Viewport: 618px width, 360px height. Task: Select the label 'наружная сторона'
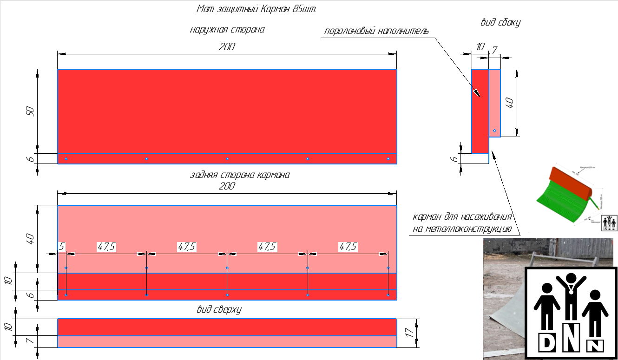tap(227, 30)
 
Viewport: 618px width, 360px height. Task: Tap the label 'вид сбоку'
tap(500, 22)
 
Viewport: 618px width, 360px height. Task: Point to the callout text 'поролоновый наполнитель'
tap(376, 32)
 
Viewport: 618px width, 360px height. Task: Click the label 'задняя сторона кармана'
tap(240, 175)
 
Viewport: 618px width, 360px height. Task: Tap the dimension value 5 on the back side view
tap(61, 246)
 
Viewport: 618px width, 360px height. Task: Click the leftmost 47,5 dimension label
tap(106, 247)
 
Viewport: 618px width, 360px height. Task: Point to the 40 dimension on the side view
tap(510, 103)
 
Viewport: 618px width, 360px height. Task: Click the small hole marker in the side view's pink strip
tap(494, 131)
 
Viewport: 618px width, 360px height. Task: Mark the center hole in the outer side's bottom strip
tap(227, 159)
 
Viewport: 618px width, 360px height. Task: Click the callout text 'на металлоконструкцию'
tap(462, 229)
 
